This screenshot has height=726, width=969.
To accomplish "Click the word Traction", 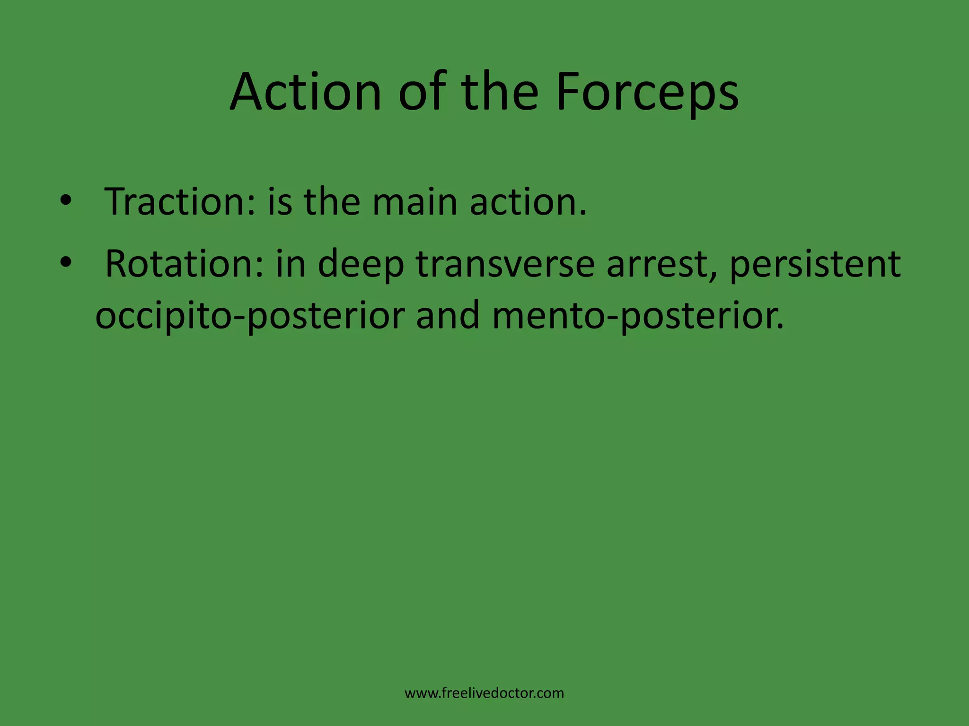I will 180,202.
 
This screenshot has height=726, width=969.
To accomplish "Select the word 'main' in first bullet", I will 414,202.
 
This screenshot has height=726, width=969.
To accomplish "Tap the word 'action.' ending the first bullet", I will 528,202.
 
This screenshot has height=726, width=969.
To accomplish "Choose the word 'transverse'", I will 505,263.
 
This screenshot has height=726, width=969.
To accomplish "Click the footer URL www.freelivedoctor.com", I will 484,693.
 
